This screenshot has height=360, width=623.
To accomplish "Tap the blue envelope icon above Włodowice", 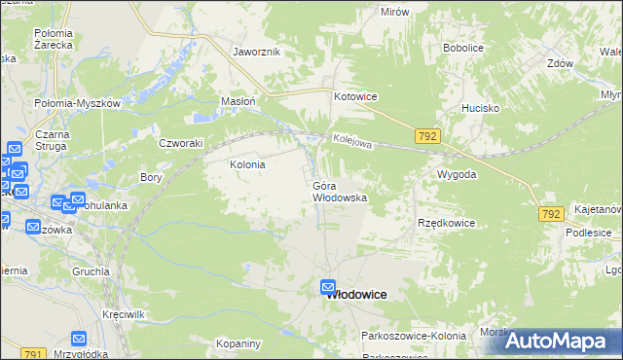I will coord(329,287).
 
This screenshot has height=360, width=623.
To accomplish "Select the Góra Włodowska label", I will coord(339,191).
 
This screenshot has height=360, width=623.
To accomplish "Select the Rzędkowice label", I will coord(446,223).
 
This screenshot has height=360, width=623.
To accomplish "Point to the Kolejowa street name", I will coord(351,142).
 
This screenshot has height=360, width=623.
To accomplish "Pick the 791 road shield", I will coord(33,355).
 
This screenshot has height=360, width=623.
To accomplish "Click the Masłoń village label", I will coord(238,101).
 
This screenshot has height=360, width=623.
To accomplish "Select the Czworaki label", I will coord(180,142).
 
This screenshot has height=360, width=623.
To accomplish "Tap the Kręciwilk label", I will coord(124,318).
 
